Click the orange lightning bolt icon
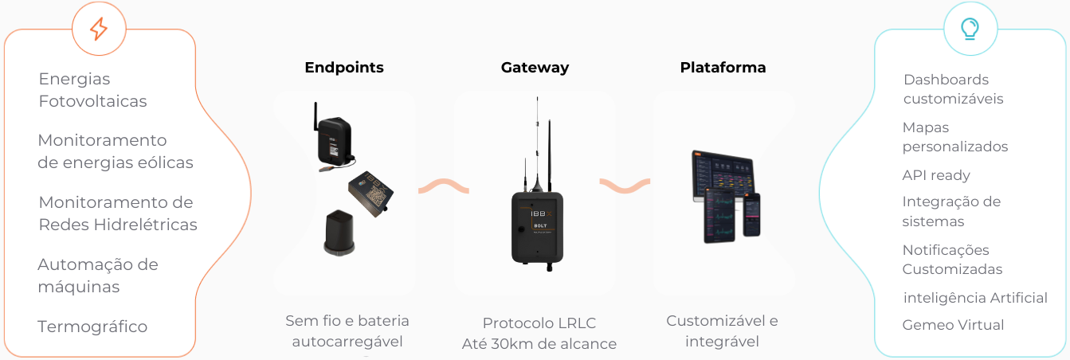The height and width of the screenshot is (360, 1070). [99, 29]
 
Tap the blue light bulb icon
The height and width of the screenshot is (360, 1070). [970, 29]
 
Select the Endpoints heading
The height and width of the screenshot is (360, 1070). [344, 68]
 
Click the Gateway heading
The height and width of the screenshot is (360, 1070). [535, 68]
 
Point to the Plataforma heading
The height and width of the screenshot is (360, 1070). [723, 68]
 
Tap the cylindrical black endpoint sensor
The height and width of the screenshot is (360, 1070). [339, 233]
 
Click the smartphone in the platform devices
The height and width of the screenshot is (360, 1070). [751, 215]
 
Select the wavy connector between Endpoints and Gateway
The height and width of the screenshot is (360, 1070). [444, 186]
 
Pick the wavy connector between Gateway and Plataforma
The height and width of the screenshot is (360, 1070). [625, 186]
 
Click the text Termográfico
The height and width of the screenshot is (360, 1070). [92, 327]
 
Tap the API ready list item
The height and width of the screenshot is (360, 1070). [936, 175]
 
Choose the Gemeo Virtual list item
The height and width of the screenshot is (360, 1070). [953, 325]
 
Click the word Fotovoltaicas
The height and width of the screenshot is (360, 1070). [92, 101]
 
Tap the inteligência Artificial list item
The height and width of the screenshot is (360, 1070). [975, 298]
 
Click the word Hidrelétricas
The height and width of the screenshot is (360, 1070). [145, 225]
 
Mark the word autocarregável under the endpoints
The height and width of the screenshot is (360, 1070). [347, 342]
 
